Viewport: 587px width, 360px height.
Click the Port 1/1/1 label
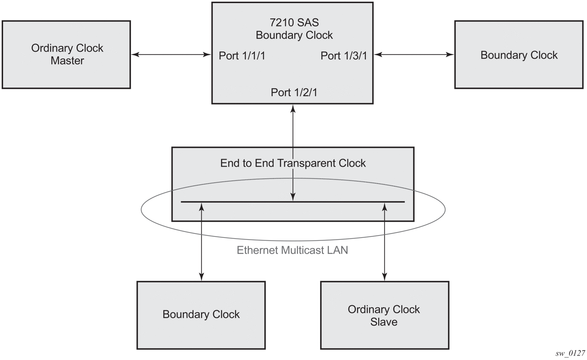(242, 56)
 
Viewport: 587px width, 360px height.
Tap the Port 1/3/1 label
(344, 56)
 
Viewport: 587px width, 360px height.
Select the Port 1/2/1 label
(294, 92)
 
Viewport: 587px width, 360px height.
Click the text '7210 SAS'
(294, 22)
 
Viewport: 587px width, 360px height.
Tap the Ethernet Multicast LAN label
(292, 250)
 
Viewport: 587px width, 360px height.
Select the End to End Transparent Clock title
(293, 163)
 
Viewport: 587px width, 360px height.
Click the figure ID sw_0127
(570, 353)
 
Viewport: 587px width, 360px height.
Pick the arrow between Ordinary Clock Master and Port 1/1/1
(171, 54)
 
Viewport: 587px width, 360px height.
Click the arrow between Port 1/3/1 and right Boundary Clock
(414, 54)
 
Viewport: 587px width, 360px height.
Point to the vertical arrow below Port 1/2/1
(293, 153)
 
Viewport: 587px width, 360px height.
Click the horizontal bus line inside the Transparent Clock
(293, 202)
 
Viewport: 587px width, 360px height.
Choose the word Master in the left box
(67, 61)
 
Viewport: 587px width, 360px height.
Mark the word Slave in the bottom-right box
(384, 322)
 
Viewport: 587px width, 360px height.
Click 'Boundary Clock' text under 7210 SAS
(294, 35)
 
